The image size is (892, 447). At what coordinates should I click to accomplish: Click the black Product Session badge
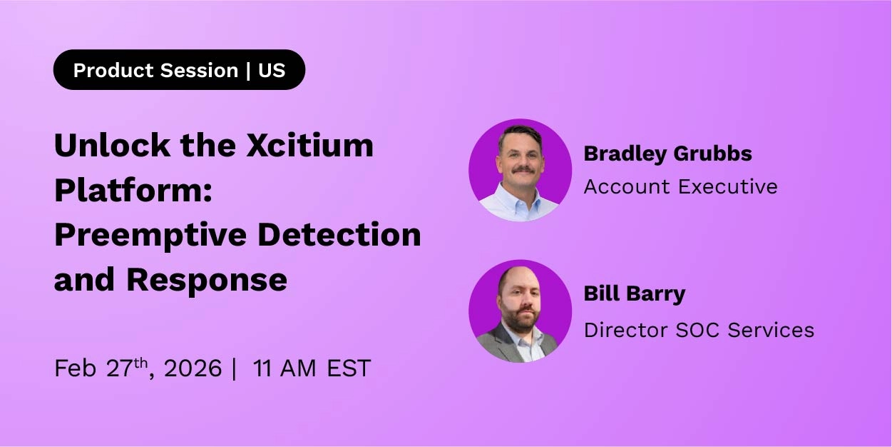tap(179, 70)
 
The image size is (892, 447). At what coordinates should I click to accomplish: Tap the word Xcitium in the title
tap(309, 145)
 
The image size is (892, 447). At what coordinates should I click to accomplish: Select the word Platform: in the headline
tap(133, 190)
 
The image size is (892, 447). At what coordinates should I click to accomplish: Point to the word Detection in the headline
tap(339, 235)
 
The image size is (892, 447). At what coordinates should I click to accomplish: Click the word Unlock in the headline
tap(112, 145)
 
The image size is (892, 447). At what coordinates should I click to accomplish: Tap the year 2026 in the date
tap(193, 368)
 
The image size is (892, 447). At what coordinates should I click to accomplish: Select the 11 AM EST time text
tap(312, 368)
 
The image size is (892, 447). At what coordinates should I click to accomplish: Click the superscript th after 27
tap(140, 363)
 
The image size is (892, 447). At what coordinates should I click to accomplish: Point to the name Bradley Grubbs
tap(668, 154)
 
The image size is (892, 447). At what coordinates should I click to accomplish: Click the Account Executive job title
tap(680, 186)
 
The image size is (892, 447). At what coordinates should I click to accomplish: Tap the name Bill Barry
tap(635, 294)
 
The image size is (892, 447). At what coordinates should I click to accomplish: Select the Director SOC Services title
tap(699, 330)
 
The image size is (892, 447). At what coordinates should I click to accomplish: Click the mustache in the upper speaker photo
tap(523, 169)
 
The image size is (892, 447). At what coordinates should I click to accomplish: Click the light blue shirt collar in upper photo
tap(520, 204)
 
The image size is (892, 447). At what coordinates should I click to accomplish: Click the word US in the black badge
tap(272, 70)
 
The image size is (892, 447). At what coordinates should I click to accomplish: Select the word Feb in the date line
tap(76, 368)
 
